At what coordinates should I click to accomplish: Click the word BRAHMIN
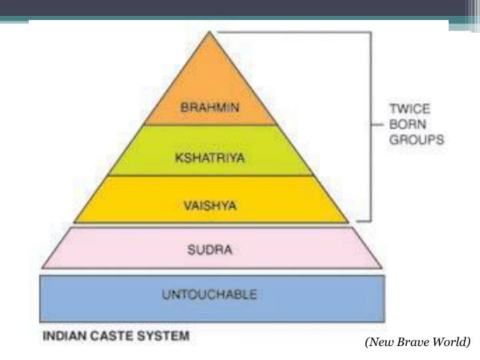[211, 107]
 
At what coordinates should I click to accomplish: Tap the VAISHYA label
[211, 205]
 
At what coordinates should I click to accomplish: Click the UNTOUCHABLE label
[211, 293]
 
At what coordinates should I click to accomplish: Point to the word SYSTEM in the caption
[163, 336]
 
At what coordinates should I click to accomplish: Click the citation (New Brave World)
[417, 342]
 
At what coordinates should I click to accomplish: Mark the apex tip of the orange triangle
[211, 33]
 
